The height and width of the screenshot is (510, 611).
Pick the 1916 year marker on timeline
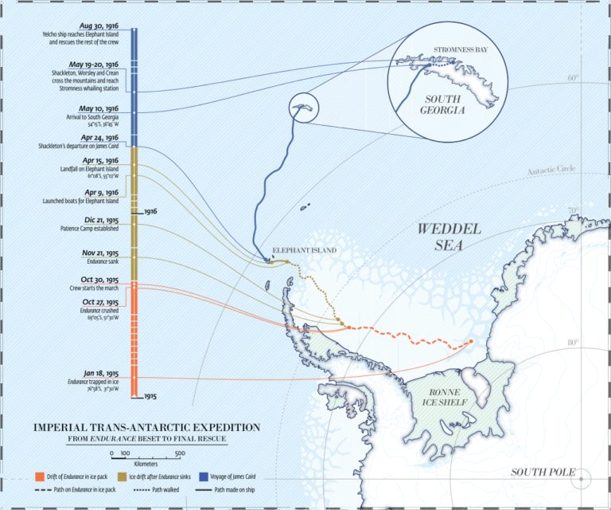(x=150, y=213)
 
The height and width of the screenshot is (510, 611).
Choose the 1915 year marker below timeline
(x=150, y=396)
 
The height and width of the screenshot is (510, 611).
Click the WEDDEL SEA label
(x=449, y=237)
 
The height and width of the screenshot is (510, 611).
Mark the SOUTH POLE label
(x=543, y=473)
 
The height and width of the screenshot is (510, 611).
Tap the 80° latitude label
(x=573, y=342)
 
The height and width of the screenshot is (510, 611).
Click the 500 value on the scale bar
(x=180, y=453)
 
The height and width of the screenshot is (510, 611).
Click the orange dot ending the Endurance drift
(x=470, y=342)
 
